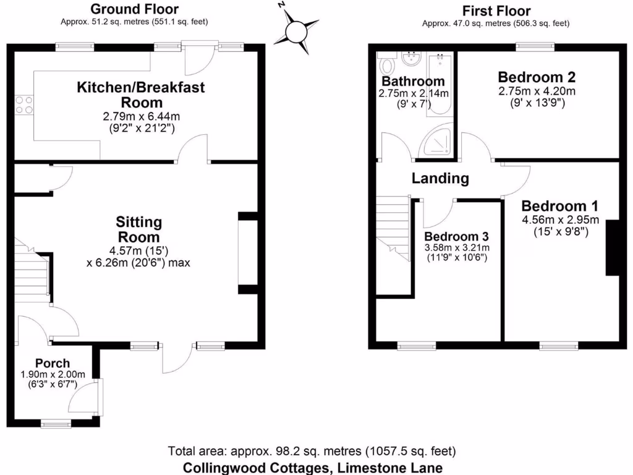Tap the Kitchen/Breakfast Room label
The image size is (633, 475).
140,95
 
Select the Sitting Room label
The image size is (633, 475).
139,229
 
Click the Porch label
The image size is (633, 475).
53,363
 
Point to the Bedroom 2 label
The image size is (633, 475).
537,77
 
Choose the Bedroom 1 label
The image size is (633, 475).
559,206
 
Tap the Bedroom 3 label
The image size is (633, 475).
457,236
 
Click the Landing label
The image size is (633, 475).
440,179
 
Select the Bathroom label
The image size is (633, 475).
412,82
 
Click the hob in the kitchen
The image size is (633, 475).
24,105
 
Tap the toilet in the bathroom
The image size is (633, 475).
388,64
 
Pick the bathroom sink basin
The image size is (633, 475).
410,59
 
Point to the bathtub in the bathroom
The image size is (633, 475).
441,84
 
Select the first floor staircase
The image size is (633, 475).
393,229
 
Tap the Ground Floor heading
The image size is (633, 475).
134,9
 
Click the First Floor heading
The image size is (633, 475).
496,11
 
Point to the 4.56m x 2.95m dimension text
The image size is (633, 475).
559,220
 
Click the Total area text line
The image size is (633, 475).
312,450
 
